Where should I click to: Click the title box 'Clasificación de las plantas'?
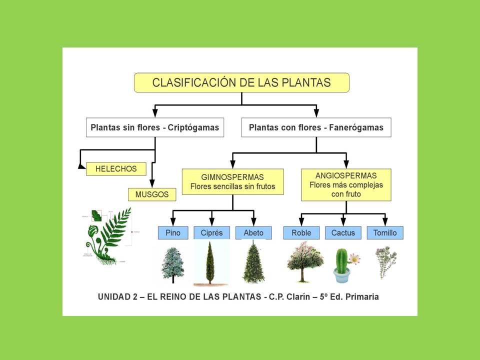241,82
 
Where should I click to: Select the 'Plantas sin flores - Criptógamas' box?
155,127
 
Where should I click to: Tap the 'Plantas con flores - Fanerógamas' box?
316,127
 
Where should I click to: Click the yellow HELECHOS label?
116,169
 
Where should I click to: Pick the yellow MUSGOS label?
152,194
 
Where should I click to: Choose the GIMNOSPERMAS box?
232,182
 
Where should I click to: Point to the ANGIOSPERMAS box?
346,184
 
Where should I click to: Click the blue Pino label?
172,233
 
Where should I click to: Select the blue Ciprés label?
211,233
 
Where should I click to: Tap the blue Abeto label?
253,233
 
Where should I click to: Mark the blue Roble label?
301,233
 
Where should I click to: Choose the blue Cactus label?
343,233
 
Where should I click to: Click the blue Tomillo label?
385,233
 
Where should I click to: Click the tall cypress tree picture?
211,262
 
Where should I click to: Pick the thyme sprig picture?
385,261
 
